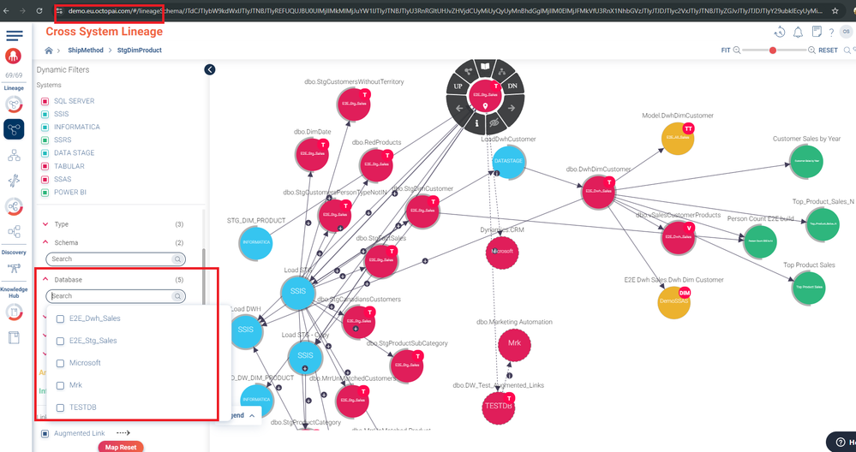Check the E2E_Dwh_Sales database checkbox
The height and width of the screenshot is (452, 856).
click(60, 318)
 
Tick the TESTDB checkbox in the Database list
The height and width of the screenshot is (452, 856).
click(60, 407)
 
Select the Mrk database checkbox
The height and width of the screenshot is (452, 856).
click(60, 385)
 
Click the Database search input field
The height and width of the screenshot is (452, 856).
click(111, 296)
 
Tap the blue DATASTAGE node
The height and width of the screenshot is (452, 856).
click(509, 161)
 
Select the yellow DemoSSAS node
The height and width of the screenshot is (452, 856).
click(674, 301)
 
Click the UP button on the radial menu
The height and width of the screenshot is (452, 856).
click(458, 87)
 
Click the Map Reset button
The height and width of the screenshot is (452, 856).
click(120, 447)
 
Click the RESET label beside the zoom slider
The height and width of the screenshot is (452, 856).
click(828, 51)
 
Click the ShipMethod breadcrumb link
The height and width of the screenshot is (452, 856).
click(86, 51)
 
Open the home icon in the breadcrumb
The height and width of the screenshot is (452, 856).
click(49, 51)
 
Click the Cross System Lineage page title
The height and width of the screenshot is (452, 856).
click(104, 32)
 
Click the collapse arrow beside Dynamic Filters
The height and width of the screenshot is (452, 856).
click(210, 69)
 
